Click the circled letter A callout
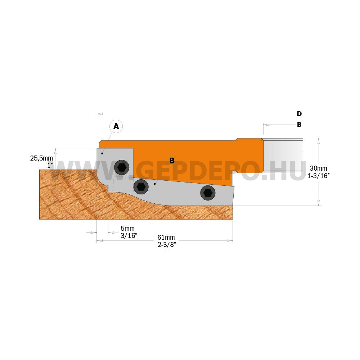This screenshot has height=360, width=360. coord(116,126)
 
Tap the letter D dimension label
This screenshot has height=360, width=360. coord(299,114)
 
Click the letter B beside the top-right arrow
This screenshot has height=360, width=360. coord(299,125)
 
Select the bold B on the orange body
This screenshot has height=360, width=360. coord(172,161)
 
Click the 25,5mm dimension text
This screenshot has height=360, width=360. coord(41,158)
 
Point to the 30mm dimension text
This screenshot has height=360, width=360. coord(319,168)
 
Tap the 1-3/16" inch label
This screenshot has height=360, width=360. coord(319,176)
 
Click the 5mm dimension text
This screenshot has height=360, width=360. coord(128,228)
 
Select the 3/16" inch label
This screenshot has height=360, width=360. coord(129,235)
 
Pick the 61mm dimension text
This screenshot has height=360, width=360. coord(166,237)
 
